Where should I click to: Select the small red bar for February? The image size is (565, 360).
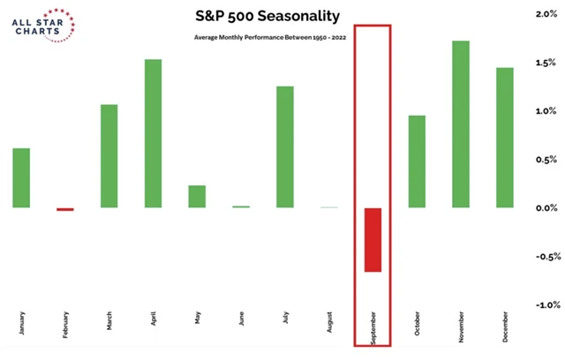[x=65, y=210]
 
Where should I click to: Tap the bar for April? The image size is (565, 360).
[x=153, y=133]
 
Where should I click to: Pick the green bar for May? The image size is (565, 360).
[x=197, y=197]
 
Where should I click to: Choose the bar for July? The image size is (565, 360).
[x=285, y=146]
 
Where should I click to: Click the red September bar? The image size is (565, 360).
[x=373, y=240]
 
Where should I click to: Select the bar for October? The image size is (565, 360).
[x=417, y=161]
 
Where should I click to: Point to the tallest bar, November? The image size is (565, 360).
[x=461, y=124]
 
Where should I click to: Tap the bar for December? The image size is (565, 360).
[x=504, y=138]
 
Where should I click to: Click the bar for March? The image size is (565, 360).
[x=109, y=156]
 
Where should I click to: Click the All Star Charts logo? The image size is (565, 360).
[x=43, y=26]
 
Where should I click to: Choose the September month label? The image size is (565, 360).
[x=373, y=327]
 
